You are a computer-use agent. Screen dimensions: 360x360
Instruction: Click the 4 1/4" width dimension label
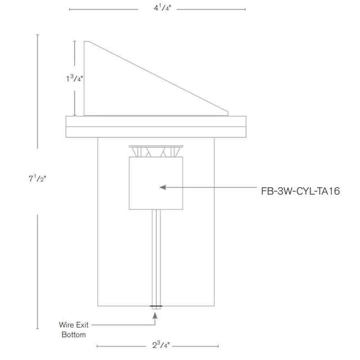coord(162,8)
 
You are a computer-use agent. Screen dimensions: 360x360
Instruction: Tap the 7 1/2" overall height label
coord(37,178)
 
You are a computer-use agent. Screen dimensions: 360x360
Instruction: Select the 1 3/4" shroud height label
coord(74,78)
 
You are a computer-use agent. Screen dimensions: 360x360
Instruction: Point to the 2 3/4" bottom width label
coord(161,345)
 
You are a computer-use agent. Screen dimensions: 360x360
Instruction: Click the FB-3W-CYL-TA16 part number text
coord(300,191)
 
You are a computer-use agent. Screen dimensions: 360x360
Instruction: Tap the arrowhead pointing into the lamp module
coord(163,187)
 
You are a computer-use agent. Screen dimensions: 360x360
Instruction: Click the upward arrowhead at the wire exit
coord(155,316)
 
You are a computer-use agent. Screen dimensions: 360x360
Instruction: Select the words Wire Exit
coord(74,325)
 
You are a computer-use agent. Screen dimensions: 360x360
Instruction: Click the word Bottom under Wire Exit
coord(74,334)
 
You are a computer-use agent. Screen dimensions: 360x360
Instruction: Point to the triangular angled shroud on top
coord(156,78)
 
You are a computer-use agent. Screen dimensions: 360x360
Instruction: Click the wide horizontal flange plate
coord(156,127)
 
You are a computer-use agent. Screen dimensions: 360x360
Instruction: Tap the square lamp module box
coord(156,183)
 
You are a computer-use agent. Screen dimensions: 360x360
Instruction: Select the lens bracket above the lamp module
coord(156,151)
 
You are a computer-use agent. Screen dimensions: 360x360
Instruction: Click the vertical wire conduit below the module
coord(156,257)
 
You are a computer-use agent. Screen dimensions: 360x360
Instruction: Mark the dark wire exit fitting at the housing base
coord(156,306)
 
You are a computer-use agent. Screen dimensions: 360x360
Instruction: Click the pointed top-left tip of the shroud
coord(85,41)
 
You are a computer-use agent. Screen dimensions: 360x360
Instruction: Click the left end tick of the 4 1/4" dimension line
coord(70,9)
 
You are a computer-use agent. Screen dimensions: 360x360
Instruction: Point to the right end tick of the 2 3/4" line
coord(218,346)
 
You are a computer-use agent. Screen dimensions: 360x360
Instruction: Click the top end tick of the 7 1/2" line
coord(37,35)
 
